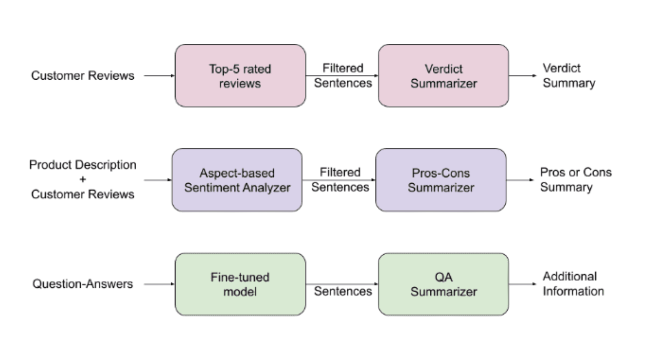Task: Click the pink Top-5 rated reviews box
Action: tap(240, 76)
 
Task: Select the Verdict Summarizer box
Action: tap(443, 76)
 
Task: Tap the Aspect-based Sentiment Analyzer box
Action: tap(237, 180)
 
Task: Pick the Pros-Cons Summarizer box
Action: tap(441, 180)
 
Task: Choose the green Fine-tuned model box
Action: tap(240, 284)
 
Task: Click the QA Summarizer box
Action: tap(443, 284)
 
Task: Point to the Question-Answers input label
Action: tap(82, 284)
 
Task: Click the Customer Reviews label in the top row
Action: tap(82, 76)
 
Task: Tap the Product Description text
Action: tap(82, 165)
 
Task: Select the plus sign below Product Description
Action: tap(82, 179)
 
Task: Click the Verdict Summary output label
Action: tap(568, 76)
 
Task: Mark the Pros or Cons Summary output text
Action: tap(575, 180)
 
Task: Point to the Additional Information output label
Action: tap(573, 284)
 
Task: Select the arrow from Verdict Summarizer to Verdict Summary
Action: tap(522, 76)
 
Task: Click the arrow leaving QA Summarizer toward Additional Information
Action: tap(522, 284)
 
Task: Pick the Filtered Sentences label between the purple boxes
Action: tap(340, 180)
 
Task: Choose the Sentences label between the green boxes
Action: tap(343, 291)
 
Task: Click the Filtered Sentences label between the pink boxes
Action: tap(343, 76)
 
